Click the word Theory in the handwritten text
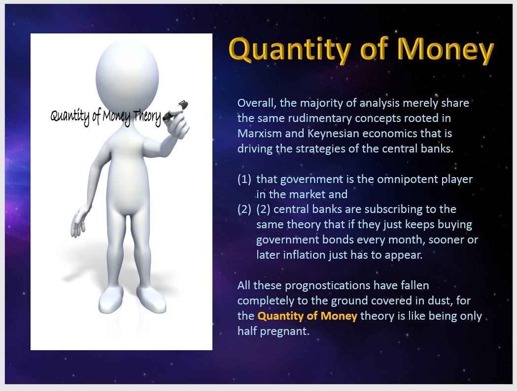tap(147, 117)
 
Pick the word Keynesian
tap(336, 133)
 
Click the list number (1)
tap(244, 180)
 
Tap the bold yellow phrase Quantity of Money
tap(308, 316)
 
